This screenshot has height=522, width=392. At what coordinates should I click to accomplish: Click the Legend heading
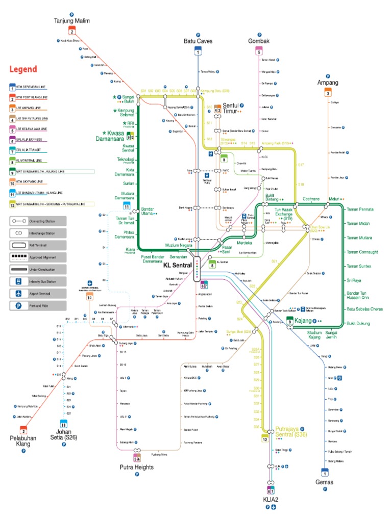23,69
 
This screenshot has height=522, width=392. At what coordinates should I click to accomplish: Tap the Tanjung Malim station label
72,21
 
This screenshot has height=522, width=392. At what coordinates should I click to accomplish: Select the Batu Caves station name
198,41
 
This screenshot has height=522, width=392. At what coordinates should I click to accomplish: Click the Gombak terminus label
258,41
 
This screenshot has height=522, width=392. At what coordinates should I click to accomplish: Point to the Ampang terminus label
328,83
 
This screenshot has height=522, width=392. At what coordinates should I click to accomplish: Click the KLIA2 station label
271,500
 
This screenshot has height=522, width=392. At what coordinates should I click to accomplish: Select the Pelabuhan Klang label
23,440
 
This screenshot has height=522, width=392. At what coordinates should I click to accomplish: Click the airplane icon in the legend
18,294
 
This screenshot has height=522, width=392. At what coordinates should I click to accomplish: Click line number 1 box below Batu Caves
198,51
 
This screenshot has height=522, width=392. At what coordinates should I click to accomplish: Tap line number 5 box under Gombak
259,51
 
